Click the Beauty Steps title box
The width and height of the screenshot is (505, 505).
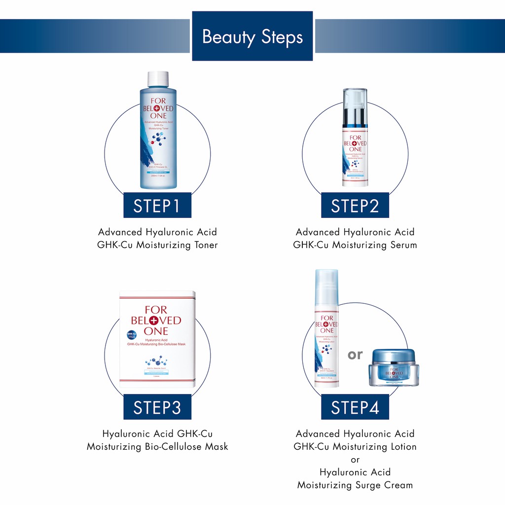tap(252, 36)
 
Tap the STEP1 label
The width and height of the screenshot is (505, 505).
tap(157, 206)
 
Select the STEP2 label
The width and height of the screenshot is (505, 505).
tap(355, 206)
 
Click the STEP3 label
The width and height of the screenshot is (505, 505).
tap(157, 407)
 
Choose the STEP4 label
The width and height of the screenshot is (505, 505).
tap(355, 407)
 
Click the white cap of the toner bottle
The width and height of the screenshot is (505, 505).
tap(158, 79)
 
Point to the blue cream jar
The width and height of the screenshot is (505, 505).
tap(394, 367)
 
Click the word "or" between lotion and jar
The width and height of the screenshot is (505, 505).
tap(355, 355)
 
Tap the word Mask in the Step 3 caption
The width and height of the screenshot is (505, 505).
tap(217, 447)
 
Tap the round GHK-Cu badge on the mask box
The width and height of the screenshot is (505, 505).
tap(132, 334)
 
